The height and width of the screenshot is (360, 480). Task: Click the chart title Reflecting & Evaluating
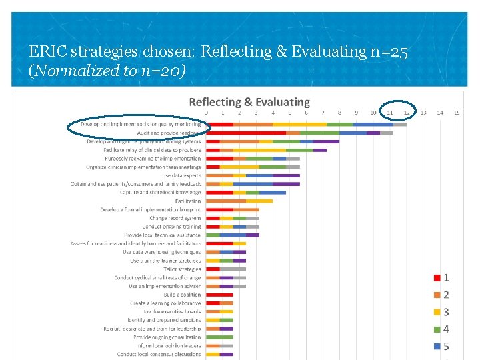[249, 102]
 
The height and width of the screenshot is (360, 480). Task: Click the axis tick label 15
[457, 113]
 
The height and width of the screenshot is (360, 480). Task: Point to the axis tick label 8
[339, 113]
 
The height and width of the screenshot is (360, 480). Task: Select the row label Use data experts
[181, 175]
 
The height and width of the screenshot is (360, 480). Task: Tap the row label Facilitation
[188, 201]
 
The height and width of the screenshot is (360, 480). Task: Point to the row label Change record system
[175, 218]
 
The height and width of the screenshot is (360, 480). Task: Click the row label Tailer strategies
[182, 269]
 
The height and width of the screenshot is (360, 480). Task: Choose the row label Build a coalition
[182, 295]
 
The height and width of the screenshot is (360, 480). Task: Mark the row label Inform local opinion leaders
[168, 345]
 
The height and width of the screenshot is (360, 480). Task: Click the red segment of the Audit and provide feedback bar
[246, 133]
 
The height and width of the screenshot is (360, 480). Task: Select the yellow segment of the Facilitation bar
[259, 201]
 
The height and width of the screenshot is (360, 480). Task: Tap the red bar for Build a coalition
[219, 295]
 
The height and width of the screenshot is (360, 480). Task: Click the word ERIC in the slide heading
[49, 51]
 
